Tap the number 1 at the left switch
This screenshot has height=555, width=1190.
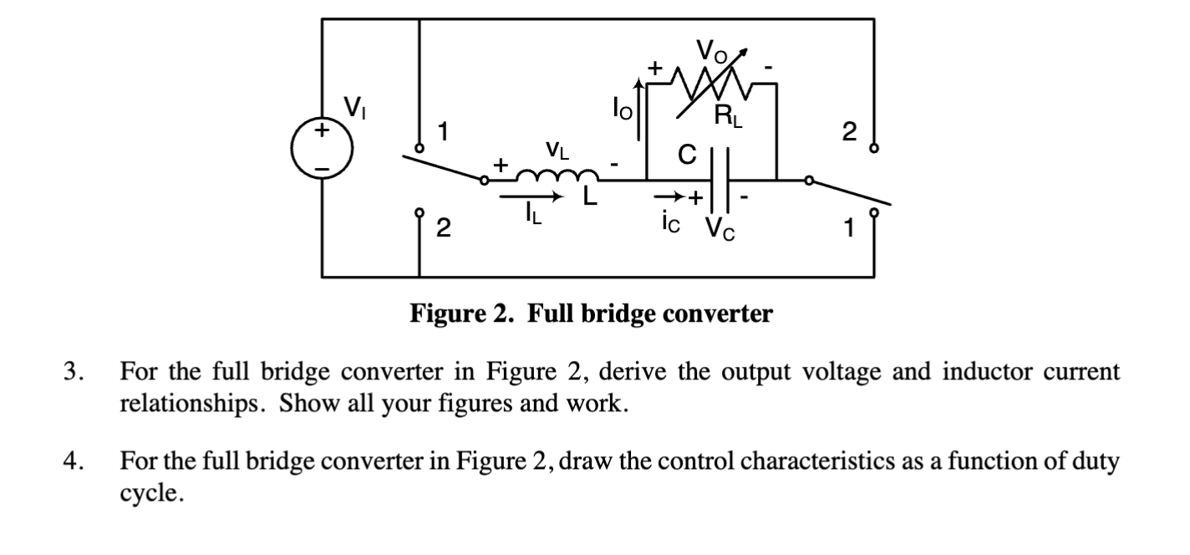445,131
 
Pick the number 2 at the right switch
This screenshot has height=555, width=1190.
849,131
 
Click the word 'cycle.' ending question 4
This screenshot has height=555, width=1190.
149,493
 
